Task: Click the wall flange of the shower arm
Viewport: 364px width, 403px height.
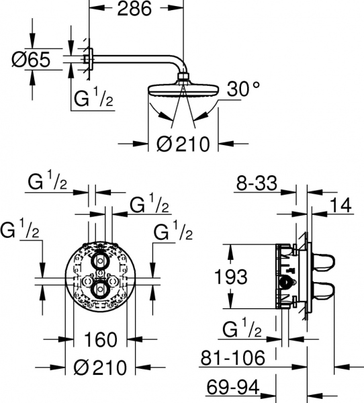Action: [85, 60]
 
